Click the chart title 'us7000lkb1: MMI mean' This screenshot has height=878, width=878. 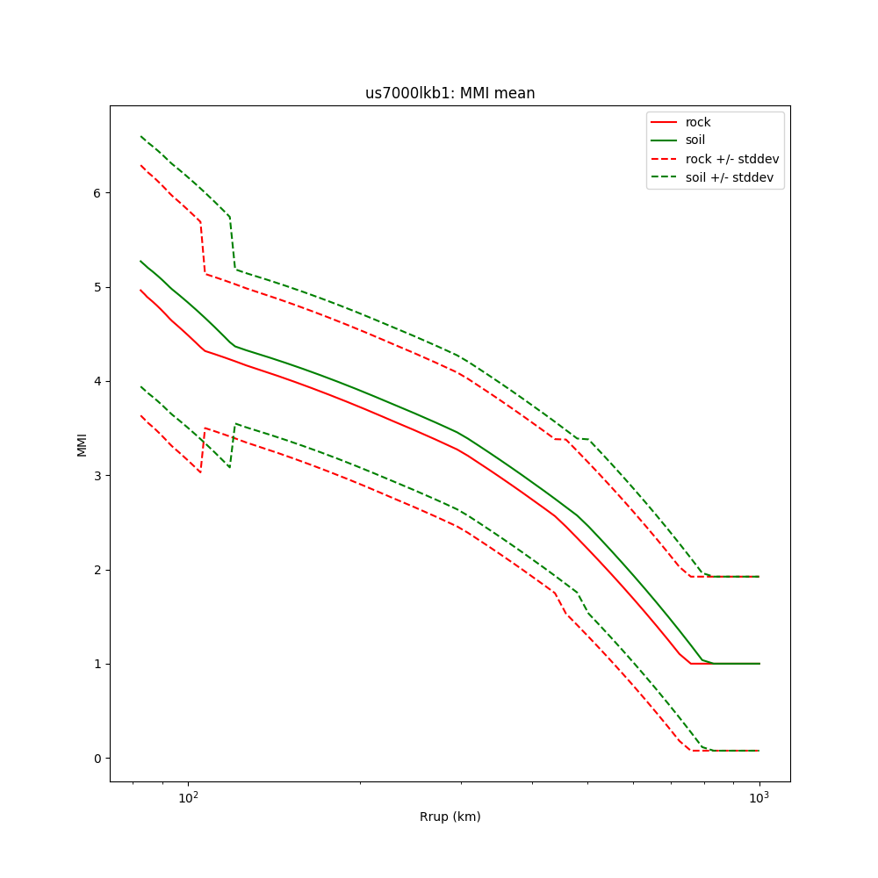coord(450,93)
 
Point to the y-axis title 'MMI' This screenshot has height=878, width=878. coord(83,443)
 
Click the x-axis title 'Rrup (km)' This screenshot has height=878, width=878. coord(450,817)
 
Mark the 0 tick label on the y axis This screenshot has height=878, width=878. coord(98,759)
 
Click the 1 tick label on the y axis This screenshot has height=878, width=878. coord(98,664)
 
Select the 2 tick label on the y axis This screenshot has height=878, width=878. coord(98,570)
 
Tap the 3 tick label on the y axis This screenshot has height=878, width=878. coord(98,476)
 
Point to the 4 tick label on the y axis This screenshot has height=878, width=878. coord(98,381)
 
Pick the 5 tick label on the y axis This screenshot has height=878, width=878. coord(98,287)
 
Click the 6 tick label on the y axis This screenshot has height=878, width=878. coord(98,193)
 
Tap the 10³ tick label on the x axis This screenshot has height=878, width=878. coord(759,797)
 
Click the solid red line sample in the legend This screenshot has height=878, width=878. coord(665,122)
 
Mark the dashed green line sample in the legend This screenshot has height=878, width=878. coord(665,177)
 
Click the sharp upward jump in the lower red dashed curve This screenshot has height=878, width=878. coord(203,450)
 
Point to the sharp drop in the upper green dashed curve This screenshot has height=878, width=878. coord(233,242)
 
